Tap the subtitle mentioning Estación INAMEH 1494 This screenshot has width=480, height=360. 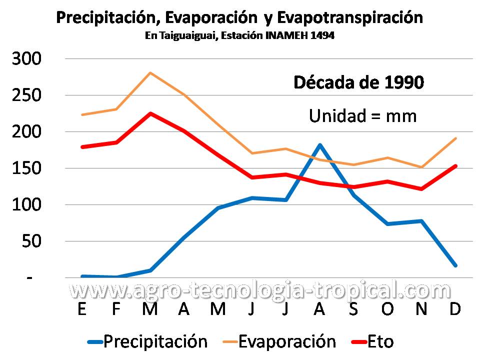[x=239, y=36]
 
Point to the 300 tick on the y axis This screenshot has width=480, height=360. [x=27, y=59]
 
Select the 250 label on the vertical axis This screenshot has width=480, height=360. [x=27, y=95]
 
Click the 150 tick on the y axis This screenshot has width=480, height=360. [x=27, y=168]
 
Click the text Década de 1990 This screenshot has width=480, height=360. [x=358, y=82]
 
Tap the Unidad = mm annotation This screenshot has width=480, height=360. [x=362, y=116]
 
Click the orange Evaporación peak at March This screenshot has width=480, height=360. [x=150, y=73]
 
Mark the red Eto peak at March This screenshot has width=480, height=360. [x=150, y=113]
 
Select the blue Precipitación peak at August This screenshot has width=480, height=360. [x=319, y=145]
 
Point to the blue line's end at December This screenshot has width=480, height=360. [x=455, y=265]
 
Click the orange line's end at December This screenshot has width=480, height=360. [x=455, y=138]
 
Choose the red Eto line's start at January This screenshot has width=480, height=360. [x=82, y=147]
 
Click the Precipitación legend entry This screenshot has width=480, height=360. [x=147, y=342]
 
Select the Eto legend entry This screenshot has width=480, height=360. [x=372, y=342]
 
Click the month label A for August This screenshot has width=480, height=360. [x=319, y=310]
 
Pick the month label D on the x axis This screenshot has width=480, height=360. [x=455, y=310]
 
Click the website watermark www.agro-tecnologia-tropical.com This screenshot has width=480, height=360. [x=260, y=289]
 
